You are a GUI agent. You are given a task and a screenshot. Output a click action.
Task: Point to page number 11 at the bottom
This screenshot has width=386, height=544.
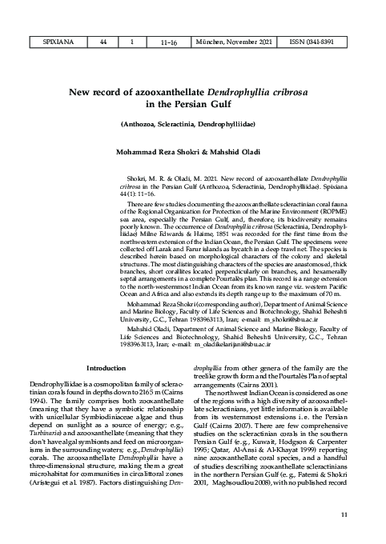[x=344, y=514]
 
